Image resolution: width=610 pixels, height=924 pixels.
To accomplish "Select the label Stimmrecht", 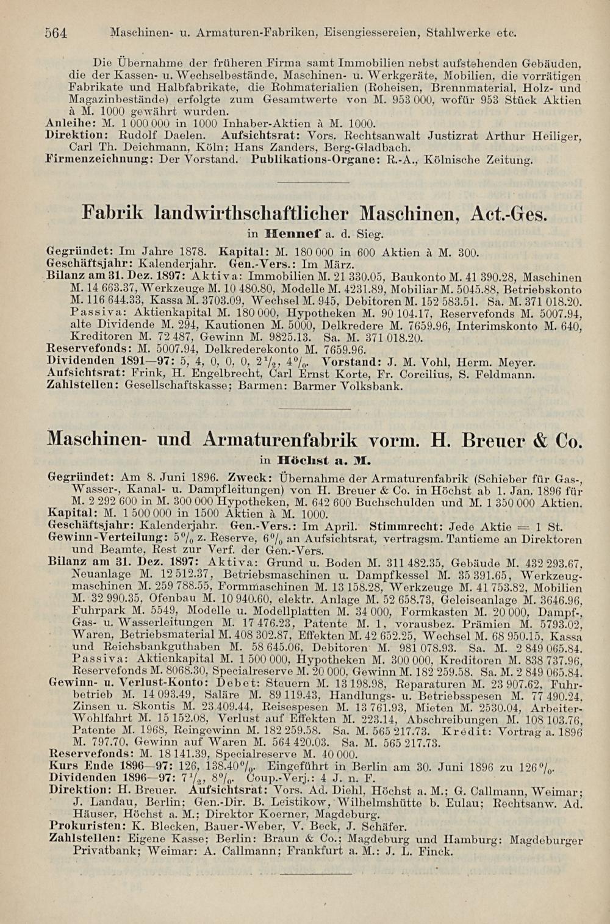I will coord(406,526).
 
